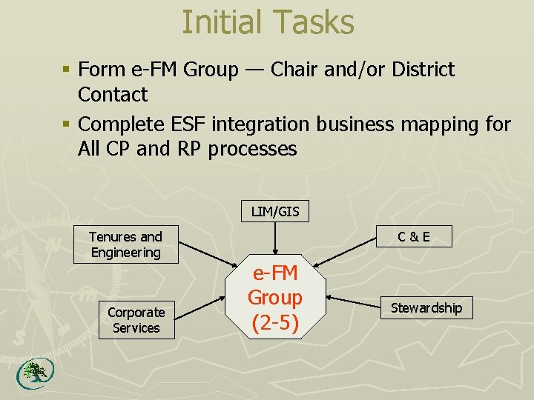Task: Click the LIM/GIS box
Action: [275, 212]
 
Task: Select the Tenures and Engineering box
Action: [125, 244]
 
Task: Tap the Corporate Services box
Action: [136, 320]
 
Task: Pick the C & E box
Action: [413, 237]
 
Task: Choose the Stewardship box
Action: [426, 307]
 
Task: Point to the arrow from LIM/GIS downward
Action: [275, 239]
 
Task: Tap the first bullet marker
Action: [66, 70]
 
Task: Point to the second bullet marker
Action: [66, 124]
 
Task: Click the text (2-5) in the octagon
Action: [275, 323]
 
